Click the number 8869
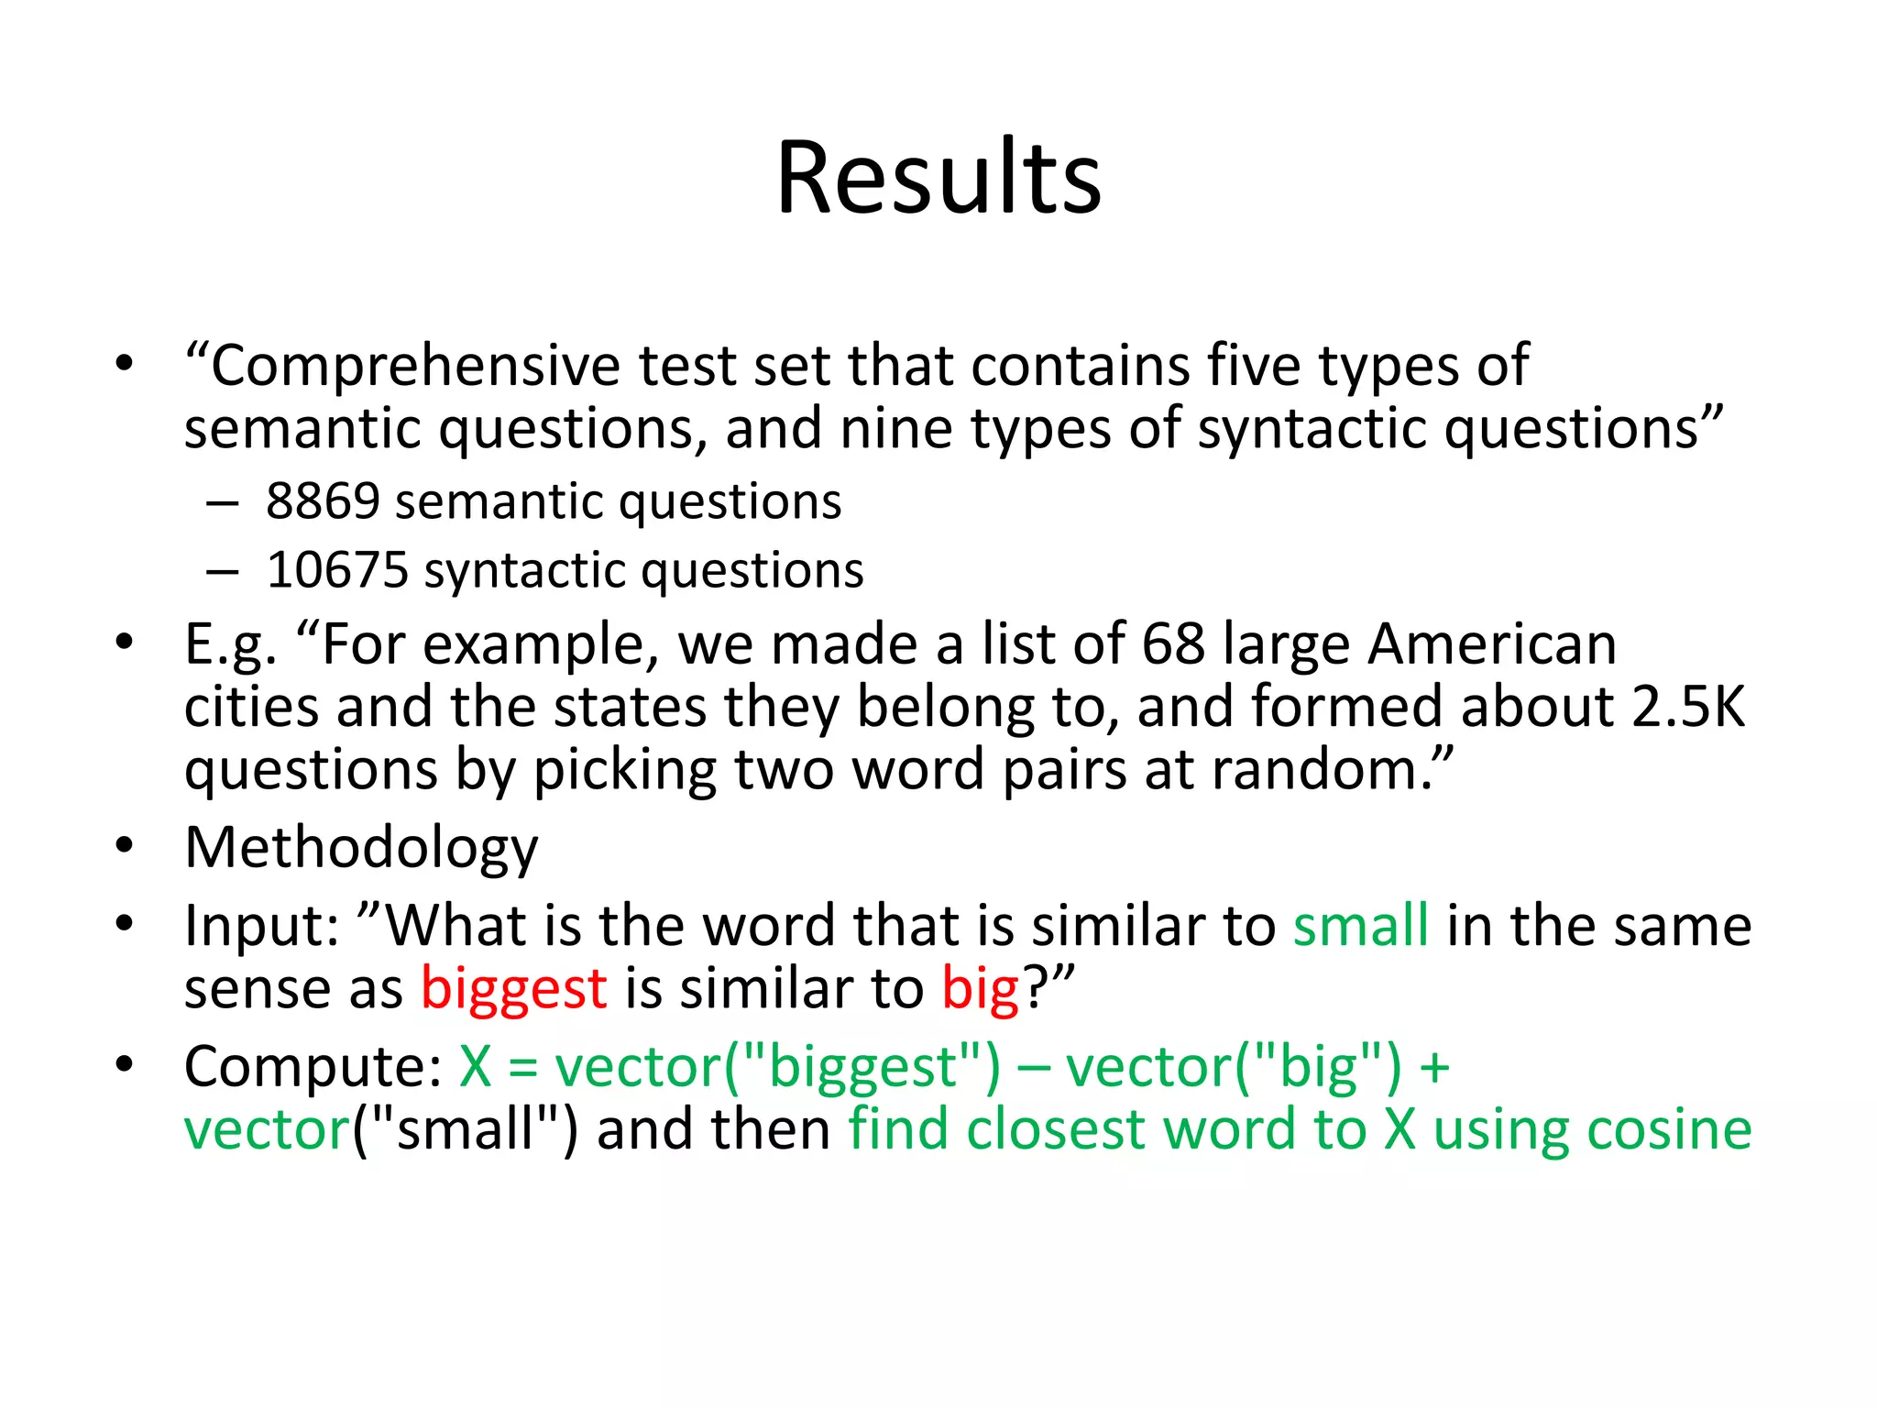pos(323,501)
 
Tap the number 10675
pos(337,570)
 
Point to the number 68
pos(1173,643)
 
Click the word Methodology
pos(361,848)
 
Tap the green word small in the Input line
pos(1361,926)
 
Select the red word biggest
pos(513,990)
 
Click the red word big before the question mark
pos(980,990)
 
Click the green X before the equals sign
pos(476,1067)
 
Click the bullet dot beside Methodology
pos(125,845)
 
